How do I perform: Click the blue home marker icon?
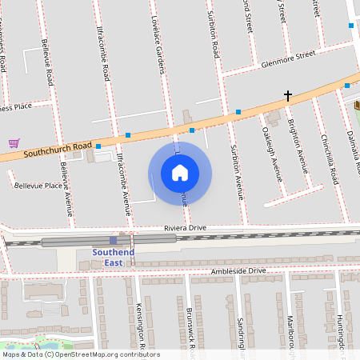click(x=180, y=172)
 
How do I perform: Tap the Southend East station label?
click(x=113, y=257)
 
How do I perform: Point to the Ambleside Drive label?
click(x=237, y=271)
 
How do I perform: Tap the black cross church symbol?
click(x=287, y=96)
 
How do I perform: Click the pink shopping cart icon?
click(x=14, y=143)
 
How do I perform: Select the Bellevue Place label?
click(x=38, y=186)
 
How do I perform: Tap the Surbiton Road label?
click(x=214, y=36)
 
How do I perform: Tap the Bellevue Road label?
click(x=48, y=66)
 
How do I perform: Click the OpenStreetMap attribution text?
click(x=80, y=354)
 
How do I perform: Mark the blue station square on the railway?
click(x=113, y=239)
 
